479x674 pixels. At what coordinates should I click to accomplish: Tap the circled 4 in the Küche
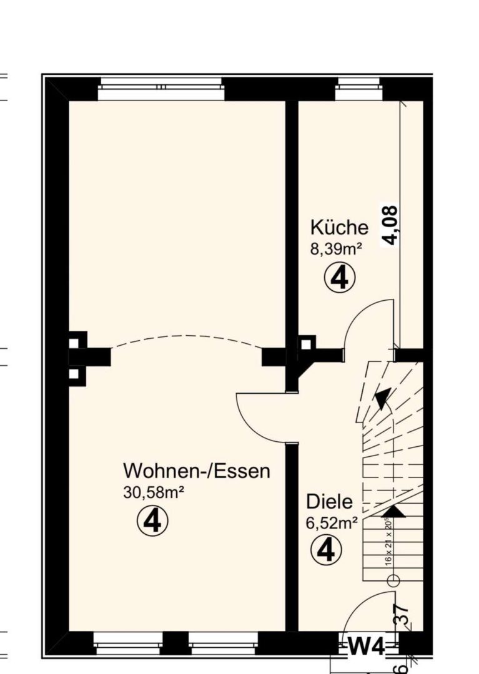339,278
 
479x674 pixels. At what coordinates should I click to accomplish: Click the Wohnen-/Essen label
197,470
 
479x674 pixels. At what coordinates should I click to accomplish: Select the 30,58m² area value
154,492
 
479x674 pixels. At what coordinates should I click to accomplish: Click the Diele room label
329,502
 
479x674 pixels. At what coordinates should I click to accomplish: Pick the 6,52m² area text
332,524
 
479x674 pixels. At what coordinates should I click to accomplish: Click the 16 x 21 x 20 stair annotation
388,541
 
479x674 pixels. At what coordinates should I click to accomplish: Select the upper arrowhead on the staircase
382,397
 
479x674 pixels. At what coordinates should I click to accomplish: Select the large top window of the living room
161,88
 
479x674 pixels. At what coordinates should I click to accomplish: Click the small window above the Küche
357,88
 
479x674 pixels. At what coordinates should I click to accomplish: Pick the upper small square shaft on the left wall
74,343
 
